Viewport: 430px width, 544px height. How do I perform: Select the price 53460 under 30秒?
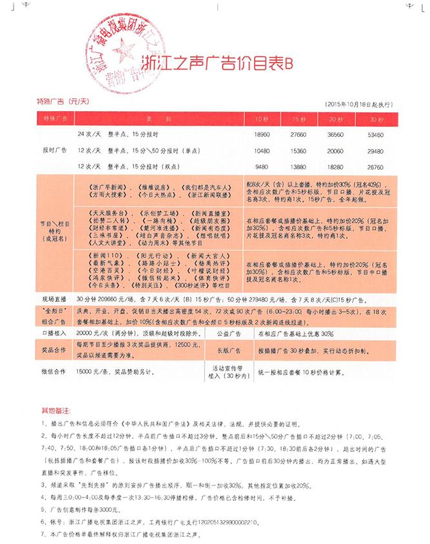375,136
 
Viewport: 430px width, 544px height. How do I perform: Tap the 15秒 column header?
297,120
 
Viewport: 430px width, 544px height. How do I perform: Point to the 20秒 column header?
335,120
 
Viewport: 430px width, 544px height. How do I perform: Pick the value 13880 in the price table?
297,166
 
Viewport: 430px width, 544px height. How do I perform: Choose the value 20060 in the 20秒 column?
335,151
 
